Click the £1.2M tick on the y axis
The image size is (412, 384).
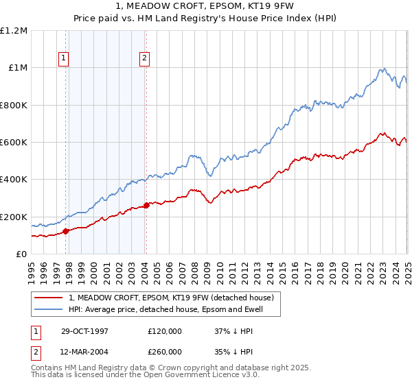tap(14, 31)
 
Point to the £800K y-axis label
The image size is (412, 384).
tap(14, 106)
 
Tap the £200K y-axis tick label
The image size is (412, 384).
tap(14, 217)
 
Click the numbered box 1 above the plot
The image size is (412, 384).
tap(63, 59)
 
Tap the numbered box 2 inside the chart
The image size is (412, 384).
tap(145, 59)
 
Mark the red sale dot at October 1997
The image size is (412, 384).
tap(66, 232)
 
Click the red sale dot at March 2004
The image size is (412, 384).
tap(146, 205)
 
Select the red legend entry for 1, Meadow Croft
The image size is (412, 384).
tap(171, 298)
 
